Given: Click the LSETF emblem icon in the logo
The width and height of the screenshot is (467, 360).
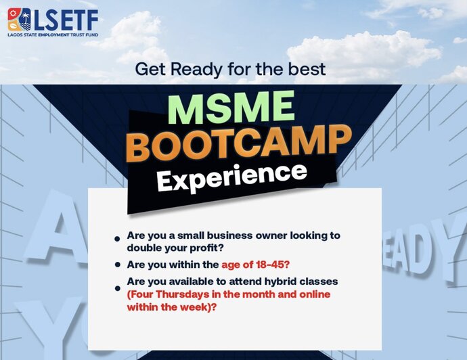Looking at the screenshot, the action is click(x=20, y=20).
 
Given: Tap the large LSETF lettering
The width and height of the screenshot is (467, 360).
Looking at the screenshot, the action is click(x=66, y=20).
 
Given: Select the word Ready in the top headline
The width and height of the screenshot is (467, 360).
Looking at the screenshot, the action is click(x=196, y=70).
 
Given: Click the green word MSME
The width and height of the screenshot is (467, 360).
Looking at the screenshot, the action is click(x=231, y=108).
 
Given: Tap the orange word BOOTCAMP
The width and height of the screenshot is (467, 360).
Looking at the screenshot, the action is click(x=239, y=144).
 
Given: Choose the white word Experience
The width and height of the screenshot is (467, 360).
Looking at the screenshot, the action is click(x=232, y=177).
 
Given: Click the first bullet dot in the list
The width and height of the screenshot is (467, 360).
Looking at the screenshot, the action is click(x=117, y=239).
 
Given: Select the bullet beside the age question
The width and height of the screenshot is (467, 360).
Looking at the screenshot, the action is click(x=118, y=265).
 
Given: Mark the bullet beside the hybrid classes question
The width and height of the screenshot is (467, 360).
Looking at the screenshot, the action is click(x=118, y=288).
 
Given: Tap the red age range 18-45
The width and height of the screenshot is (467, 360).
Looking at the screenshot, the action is click(x=271, y=265).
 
